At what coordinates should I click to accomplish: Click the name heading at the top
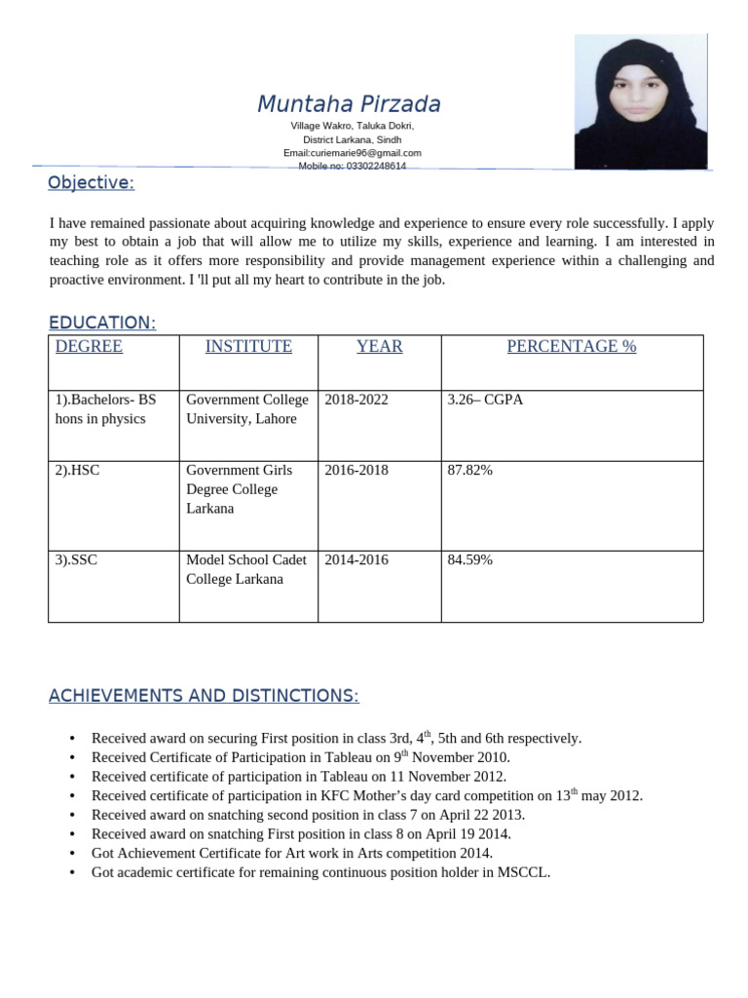[349, 104]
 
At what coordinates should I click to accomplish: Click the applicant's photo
[640, 101]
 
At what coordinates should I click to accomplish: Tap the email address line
[352, 153]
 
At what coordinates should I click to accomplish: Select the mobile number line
[352, 166]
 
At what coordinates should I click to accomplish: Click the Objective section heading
[92, 183]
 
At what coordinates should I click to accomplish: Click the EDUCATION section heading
[102, 323]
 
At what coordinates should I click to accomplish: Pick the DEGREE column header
[89, 347]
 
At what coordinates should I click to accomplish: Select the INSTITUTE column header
[248, 347]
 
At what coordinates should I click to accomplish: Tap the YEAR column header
[379, 347]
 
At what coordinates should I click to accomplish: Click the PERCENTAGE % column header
[571, 347]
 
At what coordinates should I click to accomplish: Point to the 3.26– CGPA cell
[485, 400]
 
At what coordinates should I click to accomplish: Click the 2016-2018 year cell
[356, 470]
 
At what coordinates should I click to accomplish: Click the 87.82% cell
[469, 470]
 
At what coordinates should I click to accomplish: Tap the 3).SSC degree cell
[77, 559]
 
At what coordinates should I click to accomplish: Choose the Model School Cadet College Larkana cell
[246, 569]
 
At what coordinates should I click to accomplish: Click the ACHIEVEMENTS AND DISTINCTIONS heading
[204, 696]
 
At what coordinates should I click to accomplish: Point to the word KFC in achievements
[333, 795]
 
